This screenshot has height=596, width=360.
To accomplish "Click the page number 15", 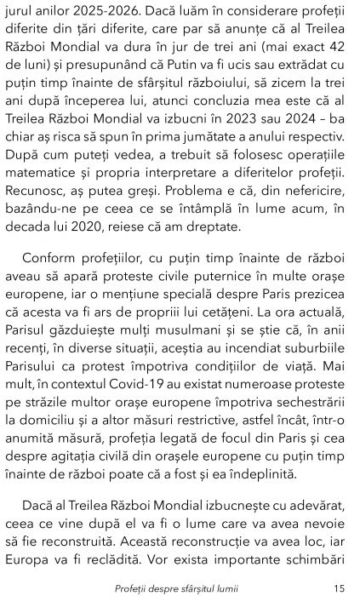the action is tap(339, 587).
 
